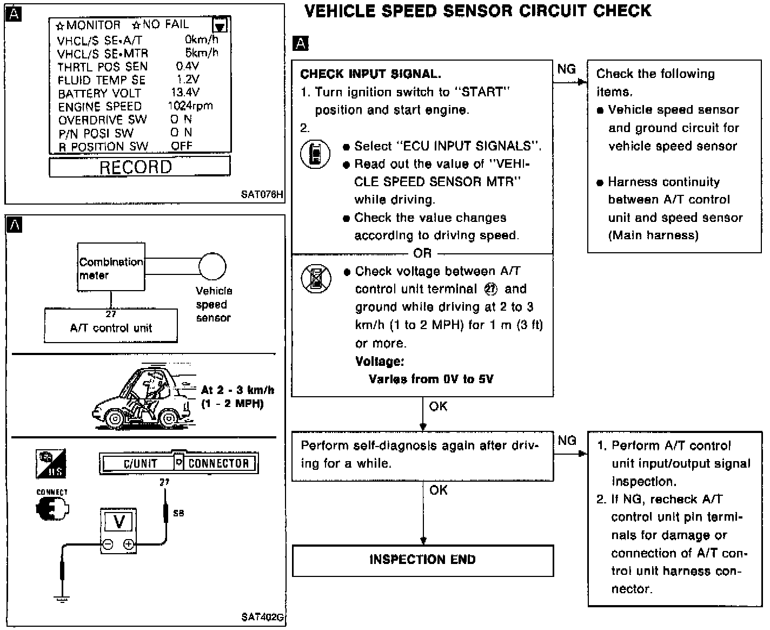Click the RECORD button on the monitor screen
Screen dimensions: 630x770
point(139,167)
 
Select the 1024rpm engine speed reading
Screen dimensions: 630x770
point(190,106)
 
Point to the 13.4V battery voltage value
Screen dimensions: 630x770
point(185,93)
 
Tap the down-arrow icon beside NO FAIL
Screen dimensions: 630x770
point(220,26)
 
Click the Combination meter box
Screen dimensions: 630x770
point(111,267)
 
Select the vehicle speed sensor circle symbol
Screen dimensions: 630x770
point(212,266)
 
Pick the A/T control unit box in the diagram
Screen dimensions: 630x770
point(111,327)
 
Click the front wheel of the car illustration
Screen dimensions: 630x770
point(115,418)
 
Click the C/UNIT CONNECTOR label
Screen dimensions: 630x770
point(178,463)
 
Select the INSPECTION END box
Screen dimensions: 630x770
point(422,560)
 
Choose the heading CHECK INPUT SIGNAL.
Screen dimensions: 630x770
point(370,74)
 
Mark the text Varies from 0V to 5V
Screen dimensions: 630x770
point(431,379)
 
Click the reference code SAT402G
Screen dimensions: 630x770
point(262,617)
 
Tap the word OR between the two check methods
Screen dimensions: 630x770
point(422,253)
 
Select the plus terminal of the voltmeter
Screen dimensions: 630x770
point(129,545)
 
